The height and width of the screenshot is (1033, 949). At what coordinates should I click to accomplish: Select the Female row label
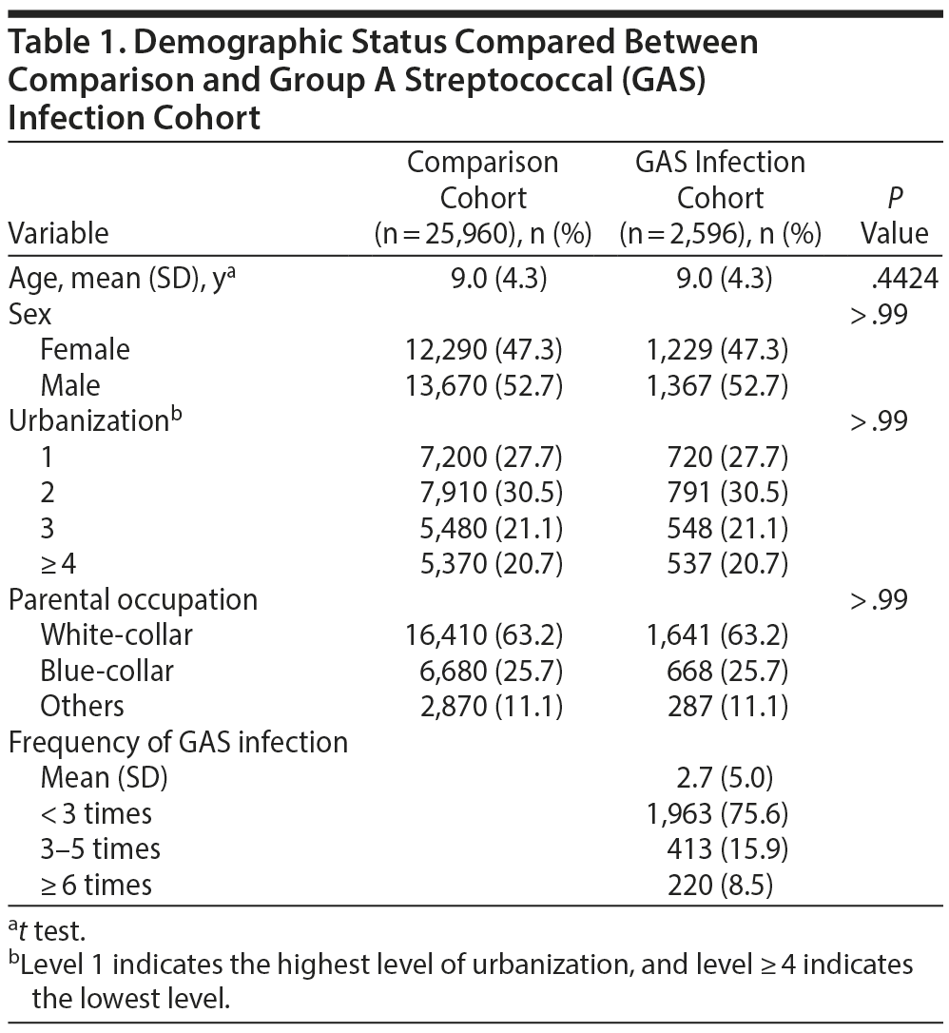85,350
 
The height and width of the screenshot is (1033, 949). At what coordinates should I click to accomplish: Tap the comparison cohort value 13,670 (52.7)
484,385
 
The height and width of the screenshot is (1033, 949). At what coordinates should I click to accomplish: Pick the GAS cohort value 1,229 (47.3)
716,350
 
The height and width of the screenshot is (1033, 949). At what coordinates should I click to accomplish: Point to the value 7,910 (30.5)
484,493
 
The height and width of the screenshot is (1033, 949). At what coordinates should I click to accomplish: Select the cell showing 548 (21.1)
726,529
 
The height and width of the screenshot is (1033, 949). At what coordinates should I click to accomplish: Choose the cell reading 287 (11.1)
726,706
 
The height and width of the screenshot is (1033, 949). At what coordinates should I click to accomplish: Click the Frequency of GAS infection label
178,742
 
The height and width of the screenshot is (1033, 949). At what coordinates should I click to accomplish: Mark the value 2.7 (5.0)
721,778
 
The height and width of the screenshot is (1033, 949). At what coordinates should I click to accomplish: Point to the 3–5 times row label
100,849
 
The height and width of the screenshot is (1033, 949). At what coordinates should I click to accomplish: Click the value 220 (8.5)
721,885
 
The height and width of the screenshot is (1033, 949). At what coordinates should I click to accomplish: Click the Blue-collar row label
107,671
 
